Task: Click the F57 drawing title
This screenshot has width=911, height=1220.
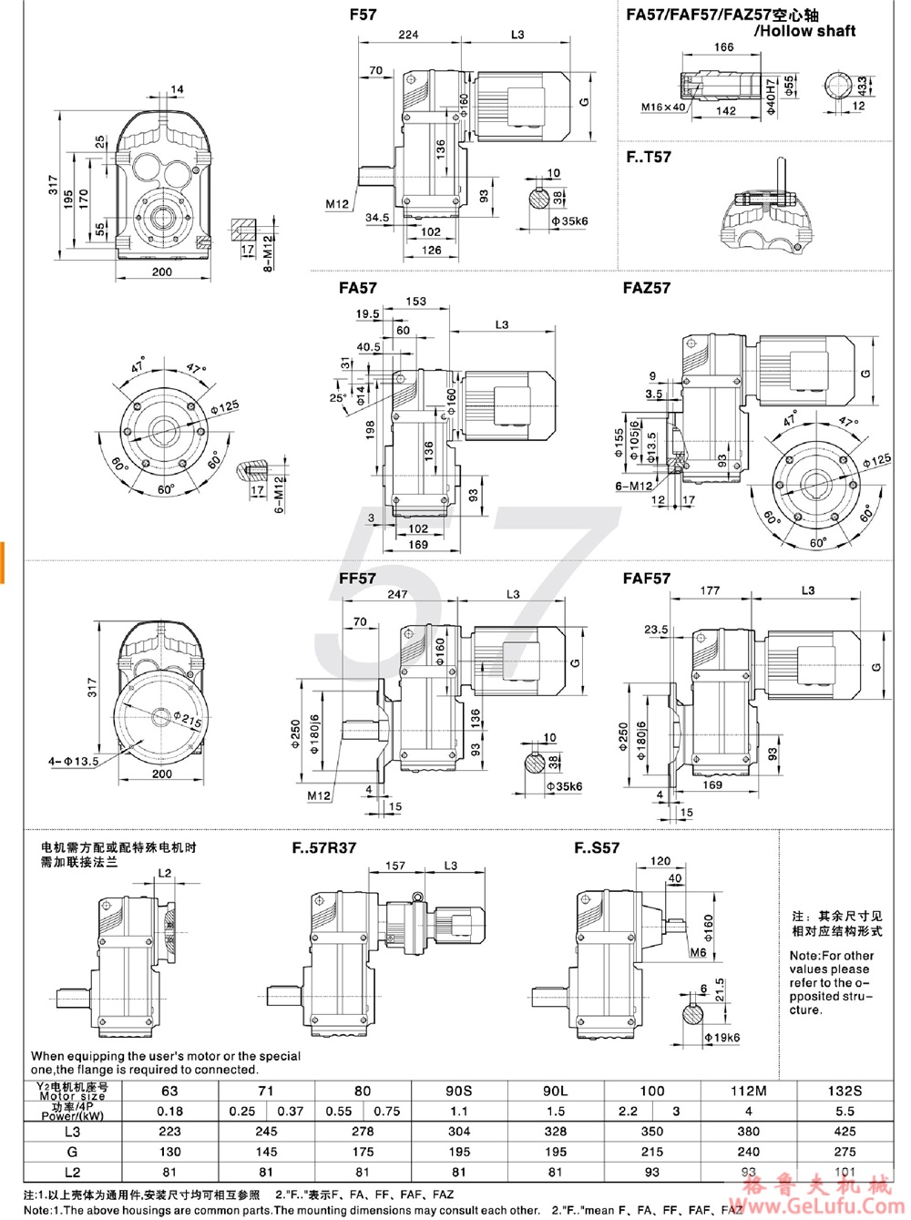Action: pos(362,15)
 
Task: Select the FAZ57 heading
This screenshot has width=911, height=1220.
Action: pos(646,288)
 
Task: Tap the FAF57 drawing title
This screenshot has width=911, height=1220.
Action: pos(646,579)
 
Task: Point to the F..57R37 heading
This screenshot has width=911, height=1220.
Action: pos(323,847)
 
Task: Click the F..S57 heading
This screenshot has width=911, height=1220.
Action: pos(597,847)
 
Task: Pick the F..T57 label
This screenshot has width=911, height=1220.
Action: pos(648,157)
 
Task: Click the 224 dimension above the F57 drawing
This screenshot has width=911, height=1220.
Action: pos(408,35)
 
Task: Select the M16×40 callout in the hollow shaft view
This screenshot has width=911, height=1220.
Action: pos(662,108)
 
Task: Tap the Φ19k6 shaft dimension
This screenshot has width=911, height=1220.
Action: pos(722,1037)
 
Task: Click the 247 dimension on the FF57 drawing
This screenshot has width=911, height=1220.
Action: pos(397,594)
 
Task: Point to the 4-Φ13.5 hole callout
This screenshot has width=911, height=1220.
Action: pos(73,761)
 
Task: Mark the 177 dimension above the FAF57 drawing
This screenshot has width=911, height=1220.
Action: pos(710,590)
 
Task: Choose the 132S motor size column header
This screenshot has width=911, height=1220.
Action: pos(844,1091)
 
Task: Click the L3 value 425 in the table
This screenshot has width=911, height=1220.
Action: pos(844,1132)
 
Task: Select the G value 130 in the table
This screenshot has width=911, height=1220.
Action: pos(169,1152)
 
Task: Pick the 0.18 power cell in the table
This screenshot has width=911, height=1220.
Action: pos(169,1112)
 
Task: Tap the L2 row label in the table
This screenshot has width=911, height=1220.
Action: pos(72,1173)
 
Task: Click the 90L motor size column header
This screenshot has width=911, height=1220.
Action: pos(555,1091)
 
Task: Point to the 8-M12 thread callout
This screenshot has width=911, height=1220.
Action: pos(268,252)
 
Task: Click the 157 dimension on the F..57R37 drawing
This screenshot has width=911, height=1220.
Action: pos(394,866)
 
